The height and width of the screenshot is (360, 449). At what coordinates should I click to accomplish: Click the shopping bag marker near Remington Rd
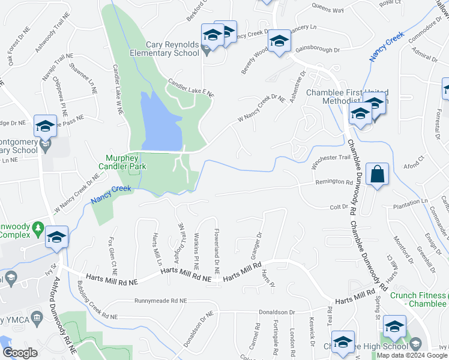coord(376,175)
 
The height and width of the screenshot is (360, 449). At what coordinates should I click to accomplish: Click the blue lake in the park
coord(158,123)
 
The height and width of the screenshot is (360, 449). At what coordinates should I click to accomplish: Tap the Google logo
coord(20,353)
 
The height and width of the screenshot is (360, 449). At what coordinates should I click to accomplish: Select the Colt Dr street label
coord(339,207)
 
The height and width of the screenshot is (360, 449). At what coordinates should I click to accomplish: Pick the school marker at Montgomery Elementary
coord(45,126)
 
